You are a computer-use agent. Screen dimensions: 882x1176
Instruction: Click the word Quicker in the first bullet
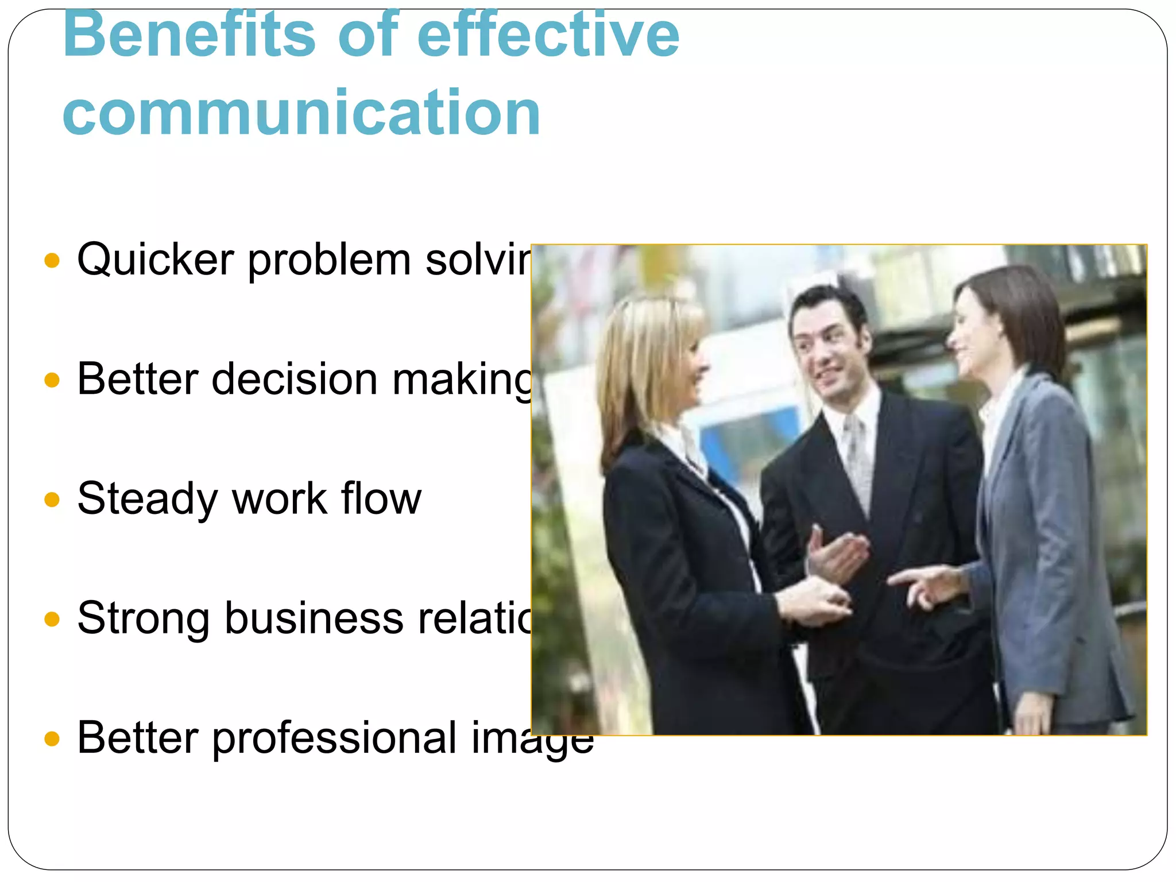click(x=155, y=260)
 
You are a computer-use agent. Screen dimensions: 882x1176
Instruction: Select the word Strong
click(x=144, y=619)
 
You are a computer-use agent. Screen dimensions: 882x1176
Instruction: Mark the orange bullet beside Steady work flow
click(x=52, y=500)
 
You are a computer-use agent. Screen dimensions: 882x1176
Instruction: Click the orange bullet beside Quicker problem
click(x=52, y=261)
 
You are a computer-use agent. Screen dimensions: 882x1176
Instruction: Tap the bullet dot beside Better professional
click(x=52, y=738)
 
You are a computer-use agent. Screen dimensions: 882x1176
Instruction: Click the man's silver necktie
click(x=857, y=459)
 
